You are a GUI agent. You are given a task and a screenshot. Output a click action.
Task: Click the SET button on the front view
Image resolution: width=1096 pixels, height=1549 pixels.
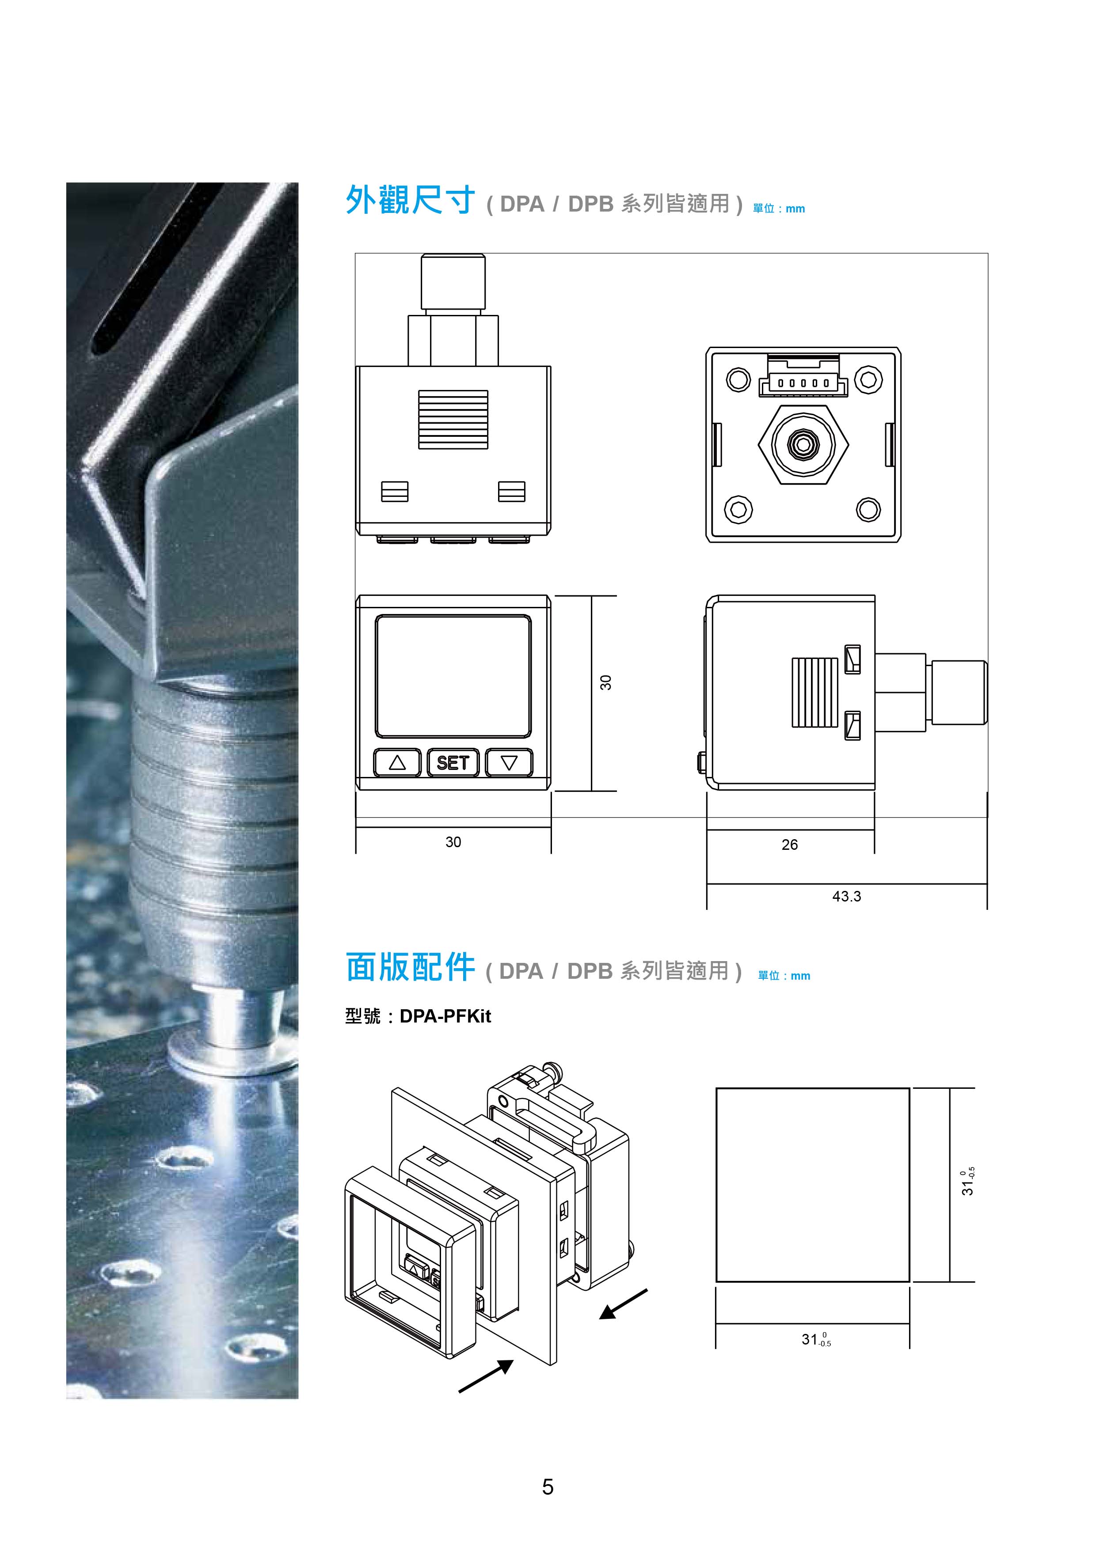tap(453, 762)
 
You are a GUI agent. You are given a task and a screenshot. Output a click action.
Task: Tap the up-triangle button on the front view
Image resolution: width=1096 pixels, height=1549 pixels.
tap(397, 762)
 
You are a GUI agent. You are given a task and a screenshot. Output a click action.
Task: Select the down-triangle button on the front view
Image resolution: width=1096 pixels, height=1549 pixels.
tap(509, 762)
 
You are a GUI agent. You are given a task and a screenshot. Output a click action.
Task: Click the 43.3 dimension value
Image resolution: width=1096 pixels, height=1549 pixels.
tap(846, 896)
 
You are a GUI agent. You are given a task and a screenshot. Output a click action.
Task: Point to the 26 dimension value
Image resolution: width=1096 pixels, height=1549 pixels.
tap(790, 845)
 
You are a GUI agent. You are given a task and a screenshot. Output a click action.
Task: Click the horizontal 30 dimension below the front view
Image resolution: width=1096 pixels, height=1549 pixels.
tap(453, 842)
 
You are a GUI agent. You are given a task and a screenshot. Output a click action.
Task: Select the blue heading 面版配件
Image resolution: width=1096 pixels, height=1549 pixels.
tap(410, 967)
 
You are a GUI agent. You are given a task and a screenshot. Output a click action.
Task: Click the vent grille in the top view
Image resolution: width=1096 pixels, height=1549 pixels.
tap(453, 420)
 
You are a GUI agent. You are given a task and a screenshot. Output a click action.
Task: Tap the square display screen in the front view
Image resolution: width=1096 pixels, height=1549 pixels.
tap(453, 676)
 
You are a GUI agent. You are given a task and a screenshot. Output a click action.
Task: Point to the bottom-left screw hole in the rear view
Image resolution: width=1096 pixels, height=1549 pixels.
tap(738, 509)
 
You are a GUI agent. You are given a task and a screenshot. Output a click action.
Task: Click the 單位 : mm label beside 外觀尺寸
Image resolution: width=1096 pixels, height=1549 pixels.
tap(779, 208)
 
